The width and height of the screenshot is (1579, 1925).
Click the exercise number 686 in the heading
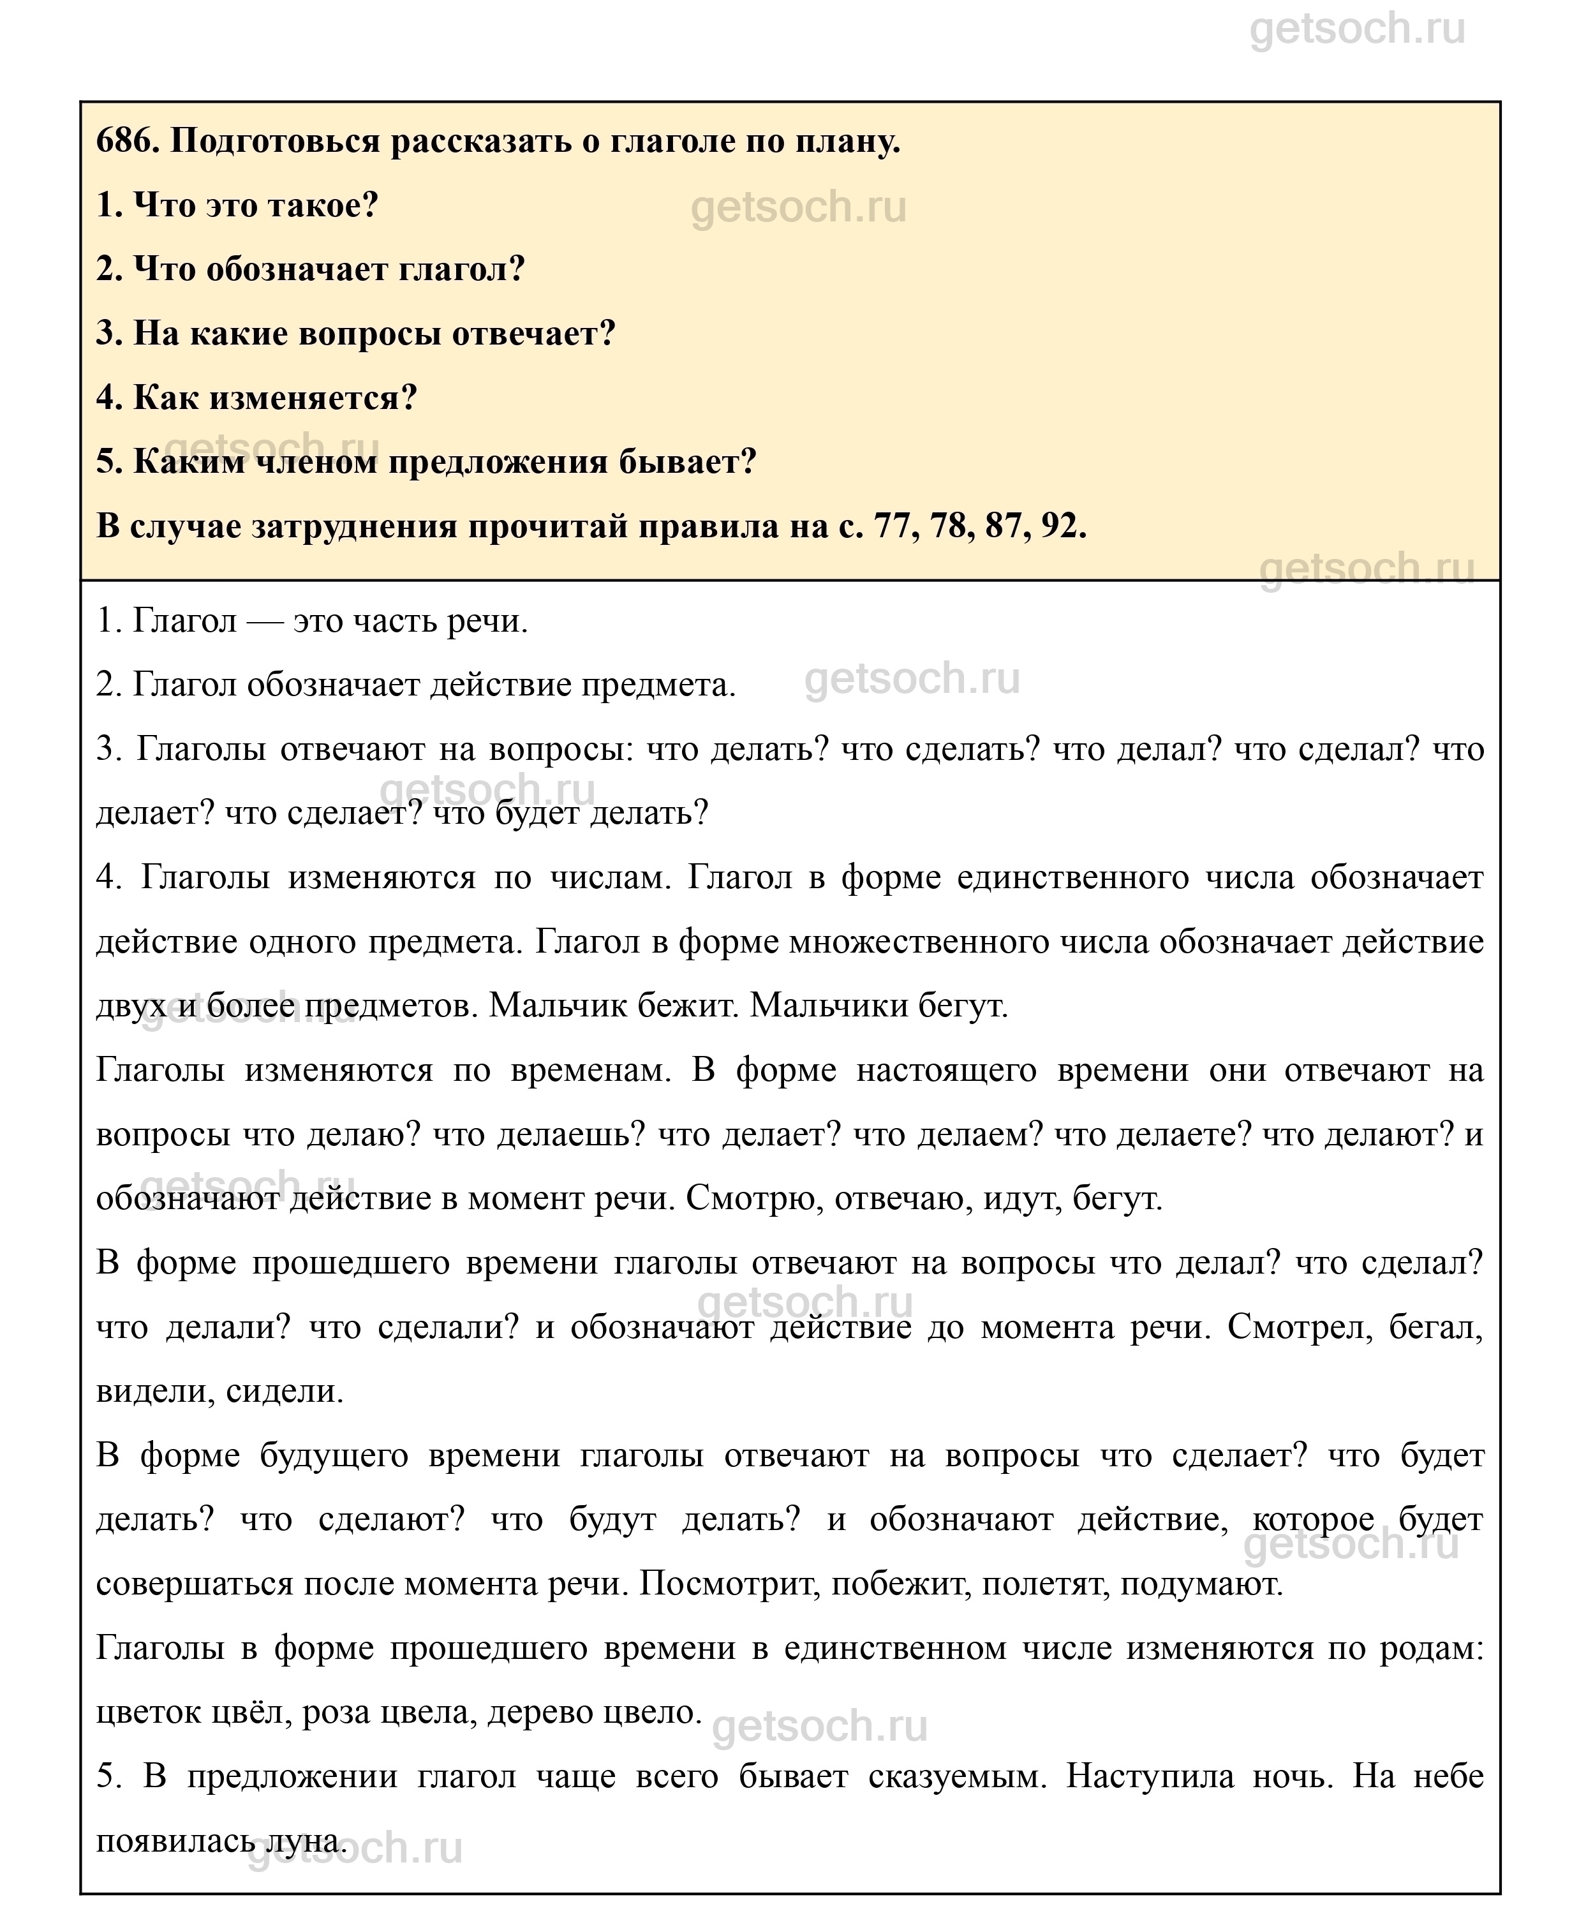click(126, 142)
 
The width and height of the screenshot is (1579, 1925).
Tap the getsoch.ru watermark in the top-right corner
click(1357, 29)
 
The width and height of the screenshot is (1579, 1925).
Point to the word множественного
click(919, 942)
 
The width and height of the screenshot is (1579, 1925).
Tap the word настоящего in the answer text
click(946, 1071)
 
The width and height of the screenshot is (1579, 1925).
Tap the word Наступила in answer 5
click(1150, 1777)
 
